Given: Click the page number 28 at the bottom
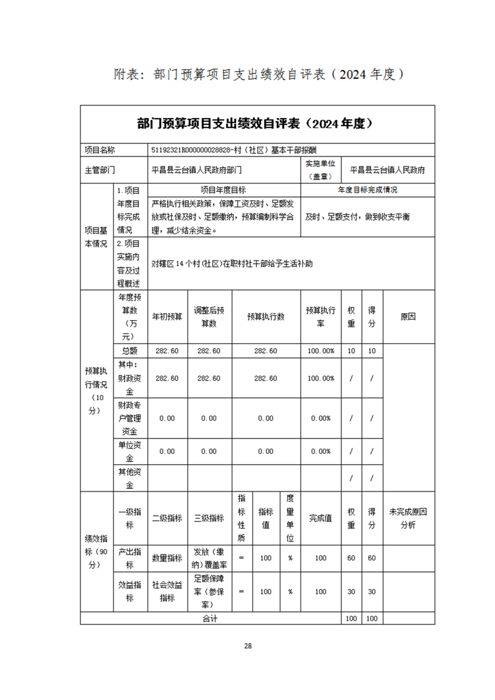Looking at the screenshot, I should [x=248, y=646].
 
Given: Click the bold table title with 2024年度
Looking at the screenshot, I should [x=257, y=124].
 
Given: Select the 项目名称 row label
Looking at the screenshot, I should [x=100, y=150].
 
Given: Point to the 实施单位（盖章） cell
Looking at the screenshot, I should [x=321, y=169].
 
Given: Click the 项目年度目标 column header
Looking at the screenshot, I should [x=223, y=190].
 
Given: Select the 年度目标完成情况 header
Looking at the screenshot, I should [x=367, y=190].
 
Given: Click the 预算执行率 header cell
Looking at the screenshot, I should [x=321, y=317].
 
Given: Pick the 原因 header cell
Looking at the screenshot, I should [x=408, y=317].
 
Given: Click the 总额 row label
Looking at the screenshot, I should [x=130, y=351].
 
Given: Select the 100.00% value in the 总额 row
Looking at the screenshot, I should [x=321, y=351].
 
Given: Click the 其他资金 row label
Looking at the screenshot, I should [x=130, y=478].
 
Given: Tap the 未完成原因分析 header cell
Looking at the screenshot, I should [x=408, y=518].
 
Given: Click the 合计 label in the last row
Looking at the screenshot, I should [x=209, y=618].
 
